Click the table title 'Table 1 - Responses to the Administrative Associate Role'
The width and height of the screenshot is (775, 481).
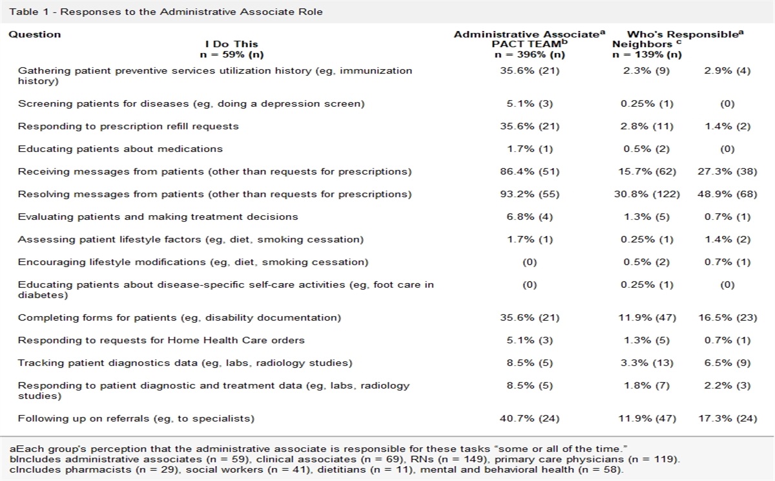pos(165,12)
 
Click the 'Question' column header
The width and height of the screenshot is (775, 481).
pos(35,34)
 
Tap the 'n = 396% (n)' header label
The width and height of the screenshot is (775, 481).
pos(529,55)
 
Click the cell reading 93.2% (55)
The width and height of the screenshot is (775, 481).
pos(529,194)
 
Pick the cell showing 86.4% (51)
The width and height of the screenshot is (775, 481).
pos(529,171)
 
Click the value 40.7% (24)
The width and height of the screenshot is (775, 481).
pos(529,418)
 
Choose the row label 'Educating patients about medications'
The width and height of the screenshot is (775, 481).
pos(120,149)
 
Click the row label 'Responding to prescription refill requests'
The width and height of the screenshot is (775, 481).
pos(129,126)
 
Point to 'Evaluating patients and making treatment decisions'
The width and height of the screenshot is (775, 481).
pos(158,217)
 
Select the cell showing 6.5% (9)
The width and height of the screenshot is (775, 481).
pos(727,363)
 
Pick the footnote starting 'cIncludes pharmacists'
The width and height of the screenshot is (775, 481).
pos(317,469)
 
